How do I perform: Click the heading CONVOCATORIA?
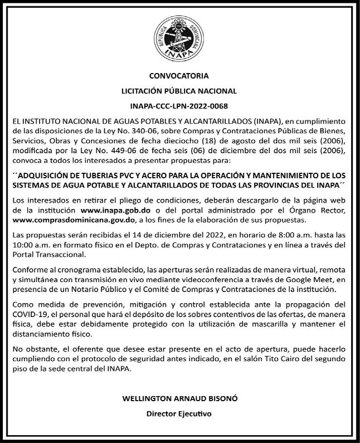(179, 75)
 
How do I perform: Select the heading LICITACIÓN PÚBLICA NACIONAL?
(179, 90)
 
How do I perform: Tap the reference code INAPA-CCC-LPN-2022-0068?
(179, 105)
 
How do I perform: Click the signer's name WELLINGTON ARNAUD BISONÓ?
(179, 399)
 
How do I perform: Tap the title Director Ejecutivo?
(179, 414)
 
